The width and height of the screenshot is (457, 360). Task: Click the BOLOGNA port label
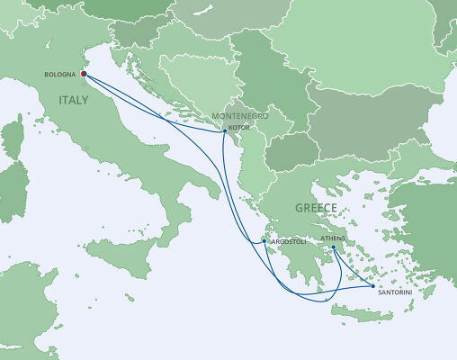[x=59, y=75]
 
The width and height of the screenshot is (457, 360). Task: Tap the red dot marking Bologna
[x=83, y=75]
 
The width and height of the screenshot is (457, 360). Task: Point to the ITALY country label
[x=75, y=100]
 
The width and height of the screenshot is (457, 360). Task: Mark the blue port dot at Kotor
[x=224, y=132]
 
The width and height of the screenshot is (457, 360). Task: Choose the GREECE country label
[x=314, y=208]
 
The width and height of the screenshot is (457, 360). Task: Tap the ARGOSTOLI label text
[x=284, y=241]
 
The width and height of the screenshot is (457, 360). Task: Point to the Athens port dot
[x=333, y=247]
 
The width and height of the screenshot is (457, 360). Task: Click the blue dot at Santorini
[x=372, y=286]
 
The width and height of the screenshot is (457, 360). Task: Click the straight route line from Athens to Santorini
[x=353, y=266]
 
